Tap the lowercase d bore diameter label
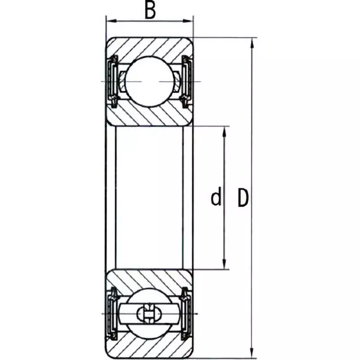click(216, 198)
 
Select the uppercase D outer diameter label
click(243, 198)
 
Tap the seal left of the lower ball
click(111, 312)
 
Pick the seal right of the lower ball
click(187, 312)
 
